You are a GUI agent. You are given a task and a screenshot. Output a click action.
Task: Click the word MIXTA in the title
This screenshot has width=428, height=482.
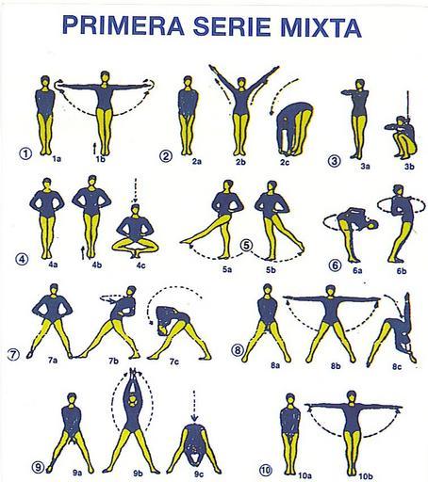321,26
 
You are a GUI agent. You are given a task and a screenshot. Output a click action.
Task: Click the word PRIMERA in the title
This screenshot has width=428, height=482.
123,25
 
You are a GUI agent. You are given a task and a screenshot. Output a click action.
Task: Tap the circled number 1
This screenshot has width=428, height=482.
25,153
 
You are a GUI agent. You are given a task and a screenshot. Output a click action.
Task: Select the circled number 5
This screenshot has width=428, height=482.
247,245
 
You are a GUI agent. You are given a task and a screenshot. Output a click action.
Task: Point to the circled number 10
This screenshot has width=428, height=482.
266,470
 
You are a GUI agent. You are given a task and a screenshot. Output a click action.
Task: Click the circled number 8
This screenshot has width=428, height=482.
238,350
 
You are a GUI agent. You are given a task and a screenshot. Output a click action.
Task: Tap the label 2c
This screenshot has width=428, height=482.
285,162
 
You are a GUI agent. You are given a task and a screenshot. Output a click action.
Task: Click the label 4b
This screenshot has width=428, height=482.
97,265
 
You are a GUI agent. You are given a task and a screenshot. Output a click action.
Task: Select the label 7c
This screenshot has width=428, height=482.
174,361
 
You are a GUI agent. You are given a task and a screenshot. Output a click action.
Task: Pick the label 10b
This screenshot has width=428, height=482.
366,476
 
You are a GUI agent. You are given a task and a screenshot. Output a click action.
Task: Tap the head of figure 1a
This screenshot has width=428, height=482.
45,81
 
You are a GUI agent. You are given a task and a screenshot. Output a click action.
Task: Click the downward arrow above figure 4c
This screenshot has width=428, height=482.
136,190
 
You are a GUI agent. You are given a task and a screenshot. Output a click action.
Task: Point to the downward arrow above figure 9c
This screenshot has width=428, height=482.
194,406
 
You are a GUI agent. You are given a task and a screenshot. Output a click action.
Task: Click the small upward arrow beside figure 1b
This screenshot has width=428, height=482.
94,148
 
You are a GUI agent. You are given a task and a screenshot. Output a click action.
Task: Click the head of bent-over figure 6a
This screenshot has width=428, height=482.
373,225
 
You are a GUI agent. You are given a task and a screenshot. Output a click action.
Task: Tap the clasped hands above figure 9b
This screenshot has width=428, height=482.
134,372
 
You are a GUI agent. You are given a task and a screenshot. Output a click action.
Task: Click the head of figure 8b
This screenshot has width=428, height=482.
330,290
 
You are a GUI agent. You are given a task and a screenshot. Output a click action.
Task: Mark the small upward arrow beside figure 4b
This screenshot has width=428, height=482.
83,253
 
